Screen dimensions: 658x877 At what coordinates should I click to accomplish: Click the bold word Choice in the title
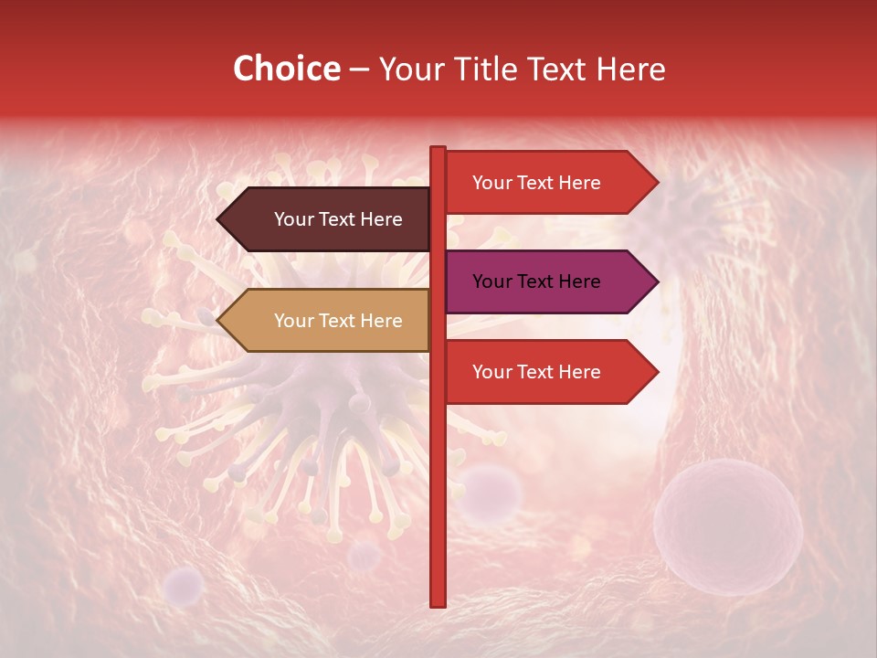click(286, 69)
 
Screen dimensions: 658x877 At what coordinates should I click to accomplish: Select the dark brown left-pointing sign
click(329, 219)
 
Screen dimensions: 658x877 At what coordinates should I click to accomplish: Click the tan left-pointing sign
click(329, 321)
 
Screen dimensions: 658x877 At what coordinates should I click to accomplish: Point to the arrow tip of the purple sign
click(654, 281)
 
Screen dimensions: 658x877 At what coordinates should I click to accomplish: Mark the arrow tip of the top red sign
click(654, 183)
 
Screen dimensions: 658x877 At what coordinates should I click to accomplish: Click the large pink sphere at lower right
click(727, 527)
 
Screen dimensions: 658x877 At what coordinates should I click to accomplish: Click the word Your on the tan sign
click(293, 321)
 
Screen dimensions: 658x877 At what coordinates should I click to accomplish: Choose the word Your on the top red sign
click(491, 183)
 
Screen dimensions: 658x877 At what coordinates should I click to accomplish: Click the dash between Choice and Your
click(359, 69)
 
